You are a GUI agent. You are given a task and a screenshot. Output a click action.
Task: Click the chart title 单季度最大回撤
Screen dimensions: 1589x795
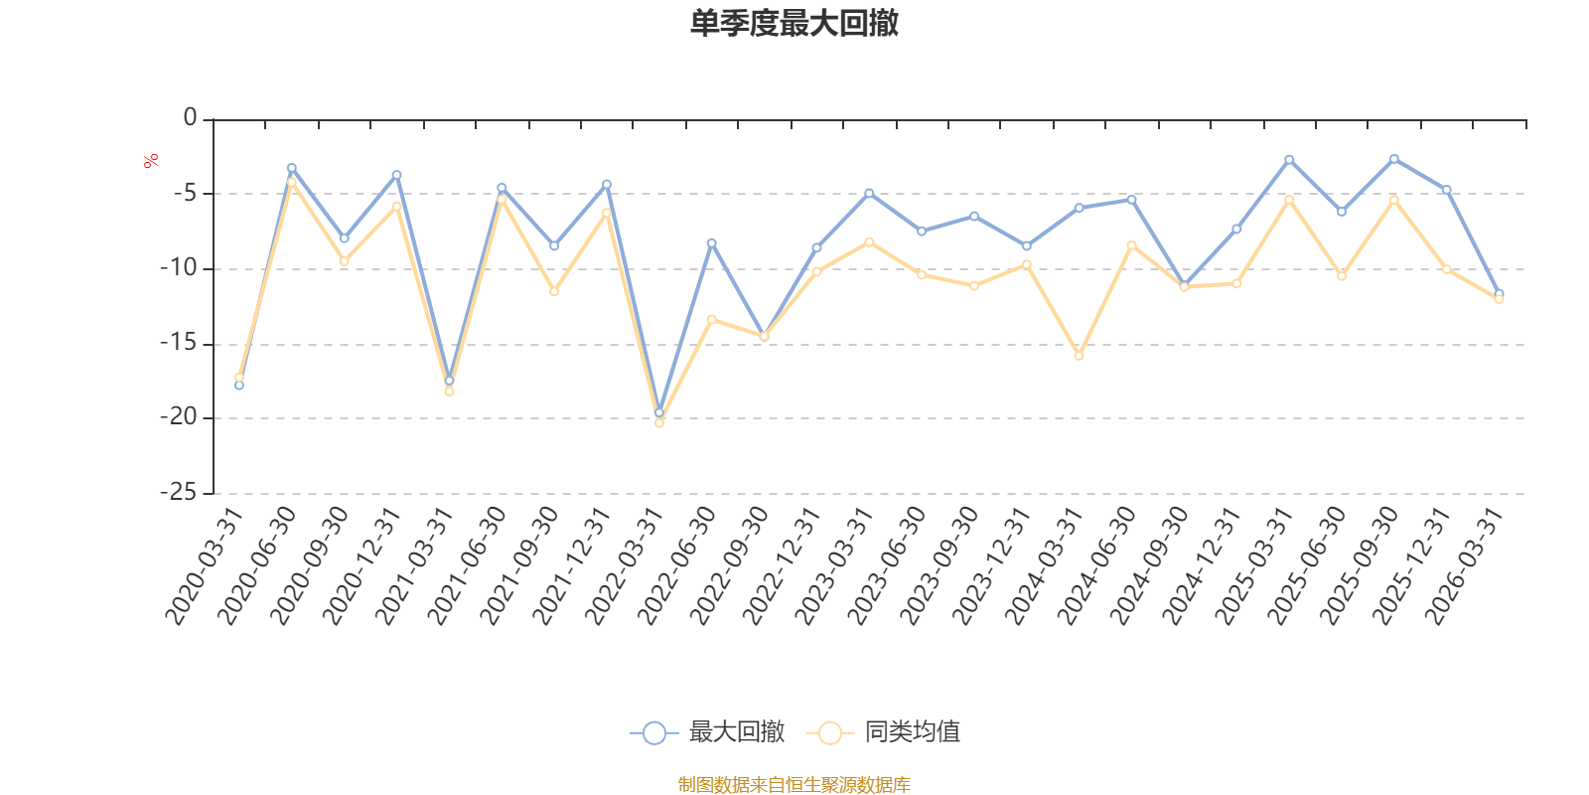click(794, 23)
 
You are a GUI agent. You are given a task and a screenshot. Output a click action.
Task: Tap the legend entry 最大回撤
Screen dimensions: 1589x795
click(707, 731)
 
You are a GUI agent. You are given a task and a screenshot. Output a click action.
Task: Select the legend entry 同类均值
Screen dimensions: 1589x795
click(883, 731)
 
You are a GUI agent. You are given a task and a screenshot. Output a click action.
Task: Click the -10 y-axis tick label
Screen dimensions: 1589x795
click(178, 267)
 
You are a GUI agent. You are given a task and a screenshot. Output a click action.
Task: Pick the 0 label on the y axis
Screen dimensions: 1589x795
click(190, 117)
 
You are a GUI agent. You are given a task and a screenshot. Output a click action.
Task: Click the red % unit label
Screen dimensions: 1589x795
click(150, 161)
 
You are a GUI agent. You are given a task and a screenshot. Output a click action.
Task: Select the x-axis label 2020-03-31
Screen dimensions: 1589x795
click(205, 565)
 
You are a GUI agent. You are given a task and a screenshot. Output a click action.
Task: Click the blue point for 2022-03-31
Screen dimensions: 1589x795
click(659, 412)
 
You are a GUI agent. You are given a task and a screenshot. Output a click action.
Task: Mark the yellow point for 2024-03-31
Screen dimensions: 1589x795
click(1079, 356)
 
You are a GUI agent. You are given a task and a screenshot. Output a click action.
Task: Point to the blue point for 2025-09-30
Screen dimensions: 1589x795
click(1394, 159)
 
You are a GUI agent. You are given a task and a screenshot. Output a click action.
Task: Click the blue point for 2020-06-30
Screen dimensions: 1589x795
click(292, 168)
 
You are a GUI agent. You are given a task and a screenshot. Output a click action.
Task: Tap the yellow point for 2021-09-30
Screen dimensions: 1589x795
click(554, 291)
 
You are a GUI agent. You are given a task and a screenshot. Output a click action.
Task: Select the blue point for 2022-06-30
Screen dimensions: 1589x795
click(711, 243)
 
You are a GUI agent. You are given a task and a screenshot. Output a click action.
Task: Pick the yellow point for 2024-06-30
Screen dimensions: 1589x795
click(1131, 245)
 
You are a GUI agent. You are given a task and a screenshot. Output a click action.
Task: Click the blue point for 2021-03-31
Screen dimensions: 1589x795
click(449, 381)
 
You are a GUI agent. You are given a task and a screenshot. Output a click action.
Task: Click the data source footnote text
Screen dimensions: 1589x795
click(794, 784)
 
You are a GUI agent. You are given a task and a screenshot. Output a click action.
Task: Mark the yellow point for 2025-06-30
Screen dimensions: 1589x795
click(1342, 276)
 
